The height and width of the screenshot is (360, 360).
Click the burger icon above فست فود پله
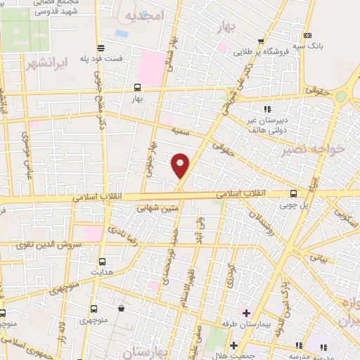pos(101,49)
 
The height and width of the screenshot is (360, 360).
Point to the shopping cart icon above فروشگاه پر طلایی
pos(261,41)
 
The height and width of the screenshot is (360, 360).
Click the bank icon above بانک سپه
pos(307,35)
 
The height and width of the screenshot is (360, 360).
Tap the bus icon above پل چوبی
pos(293,193)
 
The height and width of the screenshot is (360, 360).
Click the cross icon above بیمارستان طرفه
pos(245,312)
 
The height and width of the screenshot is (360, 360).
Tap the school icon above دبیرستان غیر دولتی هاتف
pos(267,109)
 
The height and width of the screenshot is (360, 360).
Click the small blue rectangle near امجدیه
pos(122,33)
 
